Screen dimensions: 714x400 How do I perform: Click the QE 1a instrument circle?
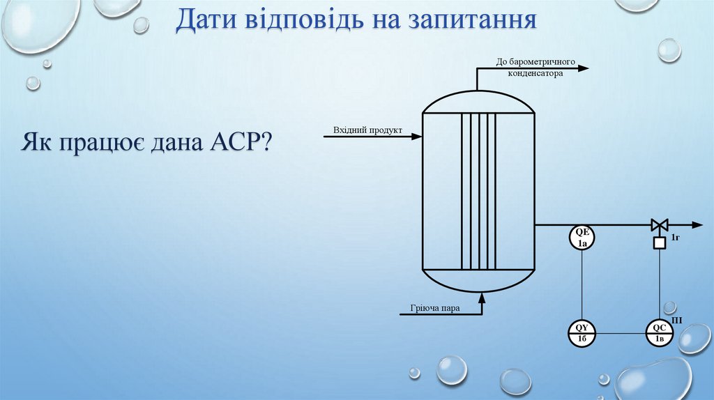(x=583, y=238)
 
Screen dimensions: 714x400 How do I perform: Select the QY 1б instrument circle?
(x=582, y=333)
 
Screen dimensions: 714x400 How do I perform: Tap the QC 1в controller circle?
(x=659, y=333)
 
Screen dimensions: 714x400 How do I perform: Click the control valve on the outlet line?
(x=659, y=225)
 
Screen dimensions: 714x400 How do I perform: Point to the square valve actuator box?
(x=659, y=243)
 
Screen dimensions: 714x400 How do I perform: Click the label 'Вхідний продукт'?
(x=367, y=130)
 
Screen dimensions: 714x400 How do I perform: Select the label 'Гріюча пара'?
(x=435, y=308)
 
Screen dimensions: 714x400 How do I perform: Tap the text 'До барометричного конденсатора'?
(x=535, y=66)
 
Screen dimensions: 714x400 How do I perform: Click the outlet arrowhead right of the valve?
(x=697, y=225)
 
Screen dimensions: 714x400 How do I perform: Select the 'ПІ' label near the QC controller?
(x=677, y=321)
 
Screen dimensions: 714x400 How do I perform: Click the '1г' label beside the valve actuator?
(x=675, y=239)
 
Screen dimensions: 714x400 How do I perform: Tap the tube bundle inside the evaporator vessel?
(x=478, y=191)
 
